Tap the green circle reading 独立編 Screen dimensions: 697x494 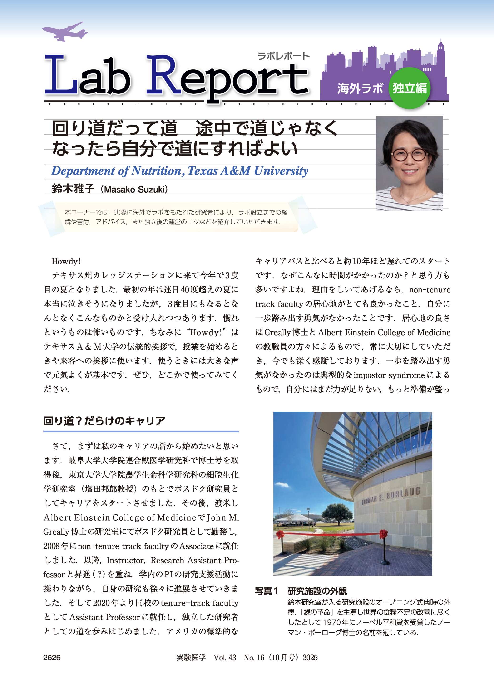pyautogui.click(x=410, y=88)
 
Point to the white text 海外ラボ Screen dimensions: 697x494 pyautogui.click(x=360, y=89)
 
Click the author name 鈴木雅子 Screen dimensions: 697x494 pyautogui.click(x=73, y=189)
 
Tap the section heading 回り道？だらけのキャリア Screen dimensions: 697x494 pyautogui.click(x=104, y=421)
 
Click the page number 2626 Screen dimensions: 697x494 pyautogui.click(x=52, y=658)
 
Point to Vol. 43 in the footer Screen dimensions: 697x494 pyautogui.click(x=225, y=658)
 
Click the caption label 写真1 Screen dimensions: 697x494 pyautogui.click(x=267, y=591)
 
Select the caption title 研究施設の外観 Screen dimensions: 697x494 pyautogui.click(x=317, y=591)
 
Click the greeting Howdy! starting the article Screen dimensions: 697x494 pyautogui.click(x=66, y=261)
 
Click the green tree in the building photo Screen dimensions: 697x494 pyautogui.click(x=337, y=512)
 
